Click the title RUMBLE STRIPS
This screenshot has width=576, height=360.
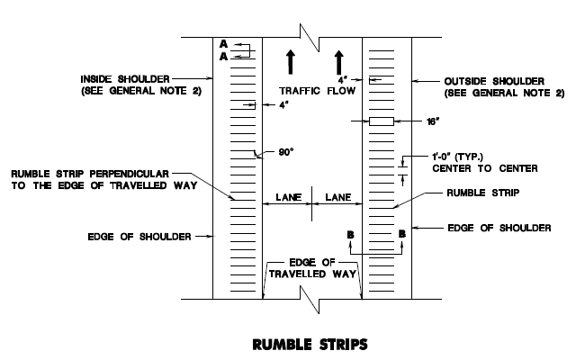(310, 343)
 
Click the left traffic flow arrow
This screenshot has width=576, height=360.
(291, 62)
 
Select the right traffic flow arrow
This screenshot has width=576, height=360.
(339, 62)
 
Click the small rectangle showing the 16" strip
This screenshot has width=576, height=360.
(381, 121)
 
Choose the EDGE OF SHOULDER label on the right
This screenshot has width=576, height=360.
(499, 228)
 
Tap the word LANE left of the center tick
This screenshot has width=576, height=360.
(288, 196)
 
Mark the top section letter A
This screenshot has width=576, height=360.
(224, 43)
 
